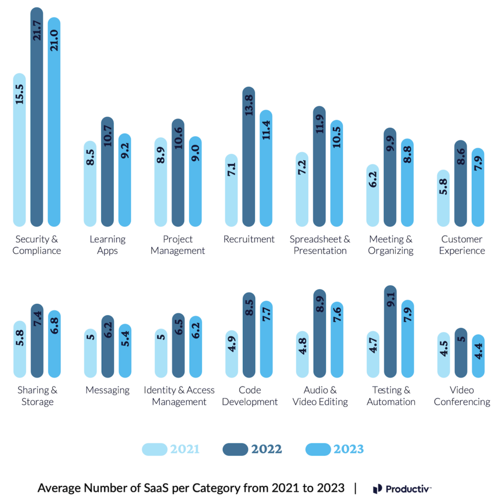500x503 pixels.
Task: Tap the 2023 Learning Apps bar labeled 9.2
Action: click(125, 180)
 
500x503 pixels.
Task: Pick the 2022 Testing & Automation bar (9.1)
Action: click(390, 332)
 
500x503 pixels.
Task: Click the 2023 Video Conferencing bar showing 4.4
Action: click(478, 356)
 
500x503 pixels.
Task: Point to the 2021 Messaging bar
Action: click(90, 353)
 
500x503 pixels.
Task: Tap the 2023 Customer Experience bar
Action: click(478, 187)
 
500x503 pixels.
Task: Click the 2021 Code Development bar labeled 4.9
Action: click(232, 354)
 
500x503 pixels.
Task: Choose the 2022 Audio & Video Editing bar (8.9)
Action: click(320, 334)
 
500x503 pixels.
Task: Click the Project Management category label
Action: click(177, 245)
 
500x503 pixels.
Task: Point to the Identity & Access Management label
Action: click(179, 396)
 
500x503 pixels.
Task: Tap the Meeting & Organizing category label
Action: click(391, 245)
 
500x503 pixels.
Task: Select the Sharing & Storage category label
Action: click(37, 396)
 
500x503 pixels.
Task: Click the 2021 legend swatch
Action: click(155, 449)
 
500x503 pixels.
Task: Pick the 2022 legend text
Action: click(266, 449)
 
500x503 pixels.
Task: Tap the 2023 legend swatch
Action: click(318, 449)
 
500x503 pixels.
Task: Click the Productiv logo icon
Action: click(377, 489)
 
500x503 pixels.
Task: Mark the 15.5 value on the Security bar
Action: click(19, 93)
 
